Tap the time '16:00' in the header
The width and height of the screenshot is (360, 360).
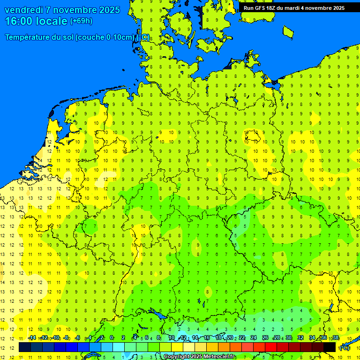tap(19, 21)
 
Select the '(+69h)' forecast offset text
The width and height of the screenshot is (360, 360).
tap(81, 21)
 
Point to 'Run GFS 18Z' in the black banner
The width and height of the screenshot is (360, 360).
tap(260, 8)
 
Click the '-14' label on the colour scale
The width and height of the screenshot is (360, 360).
tap(32, 338)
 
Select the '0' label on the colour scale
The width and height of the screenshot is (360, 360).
tap(112, 338)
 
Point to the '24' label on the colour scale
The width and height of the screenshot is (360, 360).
tap(254, 338)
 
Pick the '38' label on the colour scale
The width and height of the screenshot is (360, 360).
tap(335, 338)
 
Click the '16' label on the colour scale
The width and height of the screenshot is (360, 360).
tap(207, 338)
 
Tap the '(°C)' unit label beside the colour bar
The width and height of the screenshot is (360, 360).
tap(345, 348)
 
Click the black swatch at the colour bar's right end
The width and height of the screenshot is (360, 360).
tap(330, 347)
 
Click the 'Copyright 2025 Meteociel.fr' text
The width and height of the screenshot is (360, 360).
tap(199, 357)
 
